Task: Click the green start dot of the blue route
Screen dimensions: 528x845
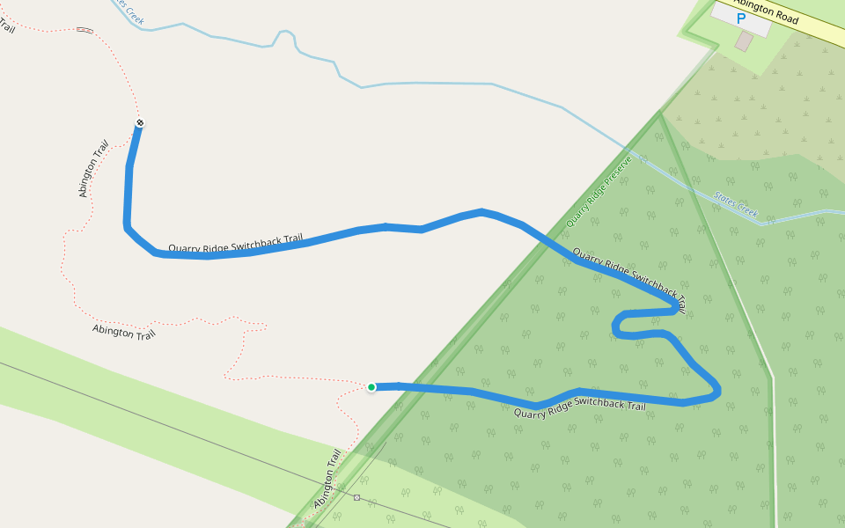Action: [x=371, y=387]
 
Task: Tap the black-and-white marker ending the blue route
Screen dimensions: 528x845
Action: [x=140, y=122]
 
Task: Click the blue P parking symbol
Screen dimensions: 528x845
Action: [x=740, y=18]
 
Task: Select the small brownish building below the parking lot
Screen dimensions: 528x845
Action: [x=745, y=41]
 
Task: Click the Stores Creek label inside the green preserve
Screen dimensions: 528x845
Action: [x=736, y=206]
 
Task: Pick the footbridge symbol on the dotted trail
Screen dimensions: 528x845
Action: [x=84, y=30]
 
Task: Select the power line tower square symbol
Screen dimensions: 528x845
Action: [x=356, y=498]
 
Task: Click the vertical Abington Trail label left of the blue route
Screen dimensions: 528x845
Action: [x=93, y=168]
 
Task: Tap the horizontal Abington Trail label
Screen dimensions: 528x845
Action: [x=124, y=332]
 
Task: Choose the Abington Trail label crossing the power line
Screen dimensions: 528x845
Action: [x=327, y=480]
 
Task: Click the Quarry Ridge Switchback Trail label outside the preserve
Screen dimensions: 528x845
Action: [x=235, y=244]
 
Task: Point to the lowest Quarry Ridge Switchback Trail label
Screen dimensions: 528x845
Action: [x=579, y=409]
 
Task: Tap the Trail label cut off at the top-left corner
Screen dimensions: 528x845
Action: [x=6, y=25]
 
